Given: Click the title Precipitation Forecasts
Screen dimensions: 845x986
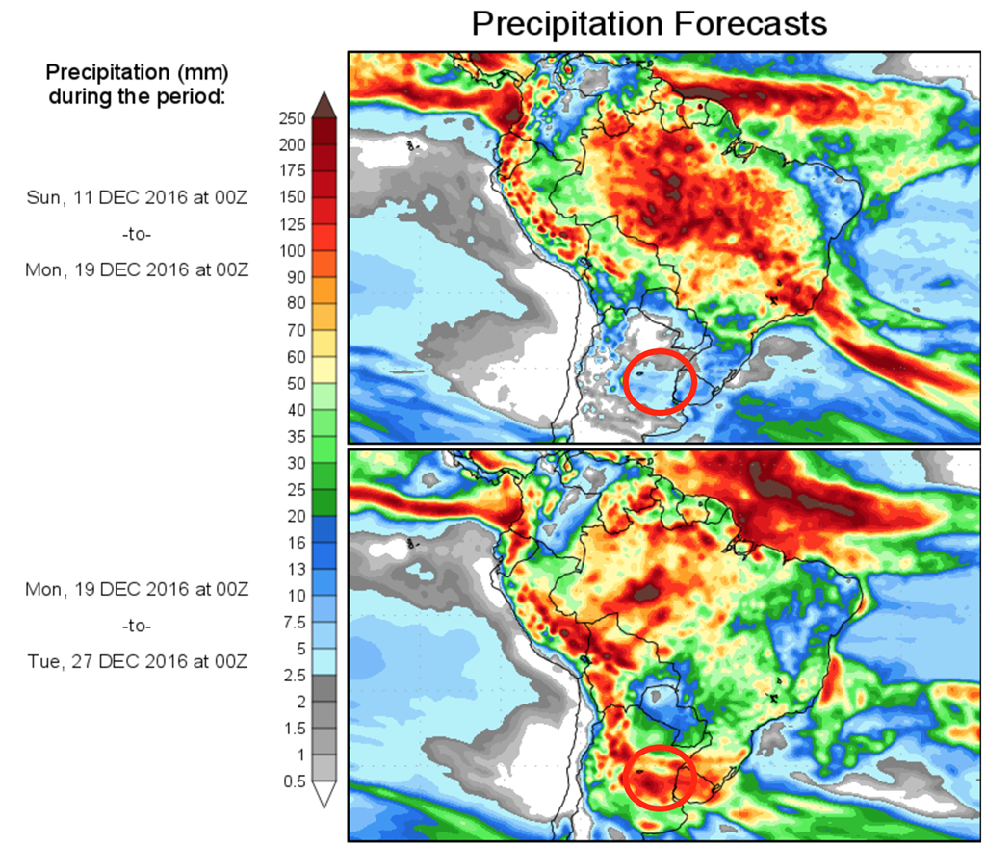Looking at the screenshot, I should click(x=649, y=23).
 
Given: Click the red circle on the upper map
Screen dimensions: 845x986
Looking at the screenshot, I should click(x=660, y=381).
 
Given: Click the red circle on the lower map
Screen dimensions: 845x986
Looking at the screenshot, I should click(x=660, y=776).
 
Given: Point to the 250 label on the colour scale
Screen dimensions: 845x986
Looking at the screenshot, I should click(x=292, y=118).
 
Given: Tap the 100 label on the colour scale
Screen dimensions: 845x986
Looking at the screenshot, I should click(x=292, y=251).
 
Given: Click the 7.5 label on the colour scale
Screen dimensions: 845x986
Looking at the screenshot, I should click(x=292, y=622).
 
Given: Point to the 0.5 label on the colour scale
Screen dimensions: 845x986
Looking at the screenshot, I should click(x=293, y=781).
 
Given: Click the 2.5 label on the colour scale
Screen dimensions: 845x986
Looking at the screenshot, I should click(x=293, y=675).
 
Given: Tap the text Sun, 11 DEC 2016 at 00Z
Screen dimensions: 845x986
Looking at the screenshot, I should click(x=137, y=197).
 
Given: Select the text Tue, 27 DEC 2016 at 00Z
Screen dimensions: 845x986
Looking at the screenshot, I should click(x=137, y=661).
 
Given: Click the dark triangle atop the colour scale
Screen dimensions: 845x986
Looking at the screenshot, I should click(x=324, y=103).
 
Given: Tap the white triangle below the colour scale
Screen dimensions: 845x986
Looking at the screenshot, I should click(x=324, y=794).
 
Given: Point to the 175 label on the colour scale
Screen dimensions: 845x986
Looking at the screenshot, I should click(x=292, y=171).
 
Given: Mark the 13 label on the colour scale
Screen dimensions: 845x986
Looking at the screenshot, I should click(x=295, y=569).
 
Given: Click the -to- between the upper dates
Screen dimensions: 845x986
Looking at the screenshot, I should click(x=137, y=234).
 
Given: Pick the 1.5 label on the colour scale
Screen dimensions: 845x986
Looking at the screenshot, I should click(x=293, y=728).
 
